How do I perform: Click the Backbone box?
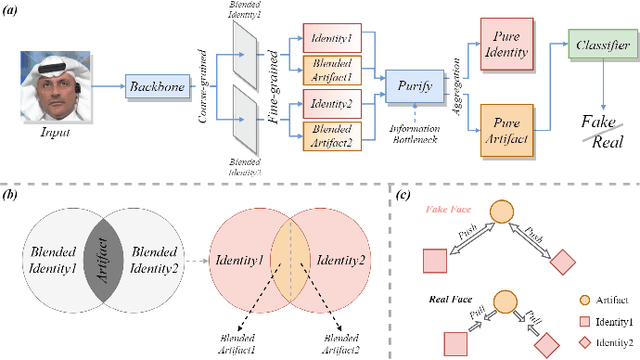(160, 87)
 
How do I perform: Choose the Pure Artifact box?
(505, 129)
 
